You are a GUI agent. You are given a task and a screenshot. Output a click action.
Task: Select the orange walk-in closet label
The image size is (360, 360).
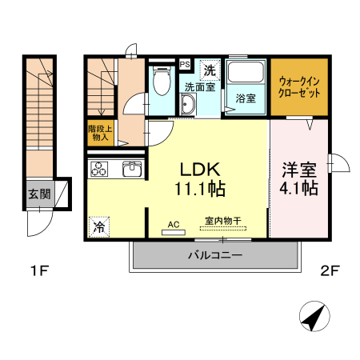click(299, 86)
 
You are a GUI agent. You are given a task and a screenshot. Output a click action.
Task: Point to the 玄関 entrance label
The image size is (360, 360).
click(38, 194)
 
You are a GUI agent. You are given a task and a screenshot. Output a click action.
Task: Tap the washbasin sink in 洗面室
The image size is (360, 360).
click(189, 105)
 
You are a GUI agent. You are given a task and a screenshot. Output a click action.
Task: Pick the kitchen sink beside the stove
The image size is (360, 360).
click(130, 170)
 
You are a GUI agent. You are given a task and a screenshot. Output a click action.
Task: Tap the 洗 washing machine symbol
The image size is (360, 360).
click(210, 70)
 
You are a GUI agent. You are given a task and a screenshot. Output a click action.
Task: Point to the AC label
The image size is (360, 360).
click(173, 226)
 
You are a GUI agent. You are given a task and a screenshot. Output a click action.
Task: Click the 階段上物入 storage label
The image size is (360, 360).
click(98, 133)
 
